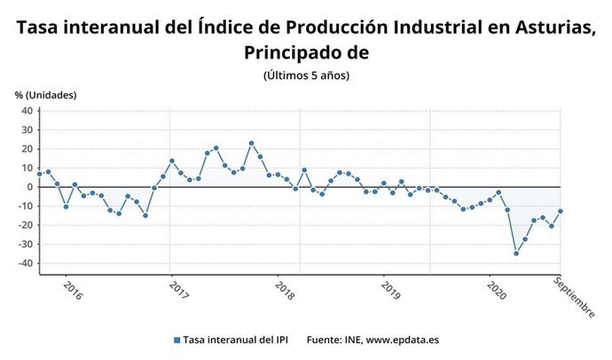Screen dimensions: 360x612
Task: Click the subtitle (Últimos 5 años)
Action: [x=306, y=75]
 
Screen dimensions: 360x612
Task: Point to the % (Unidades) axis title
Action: [x=45, y=95]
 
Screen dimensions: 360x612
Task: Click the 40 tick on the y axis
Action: [x=27, y=111]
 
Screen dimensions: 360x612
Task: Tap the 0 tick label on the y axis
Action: [x=29, y=187]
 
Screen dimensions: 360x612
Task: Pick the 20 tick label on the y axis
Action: [x=27, y=149]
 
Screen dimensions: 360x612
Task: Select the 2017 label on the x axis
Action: [x=179, y=291]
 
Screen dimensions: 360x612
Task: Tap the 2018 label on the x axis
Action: [x=285, y=291]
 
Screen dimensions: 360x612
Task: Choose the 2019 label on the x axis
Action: [x=390, y=291]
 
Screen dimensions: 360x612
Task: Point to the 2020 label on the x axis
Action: [x=496, y=291]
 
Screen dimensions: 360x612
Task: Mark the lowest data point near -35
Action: [x=516, y=253]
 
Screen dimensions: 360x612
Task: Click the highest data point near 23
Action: [x=251, y=143]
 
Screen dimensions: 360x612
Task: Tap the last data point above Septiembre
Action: [x=560, y=211]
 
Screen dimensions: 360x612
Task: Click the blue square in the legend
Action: [x=177, y=340]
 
